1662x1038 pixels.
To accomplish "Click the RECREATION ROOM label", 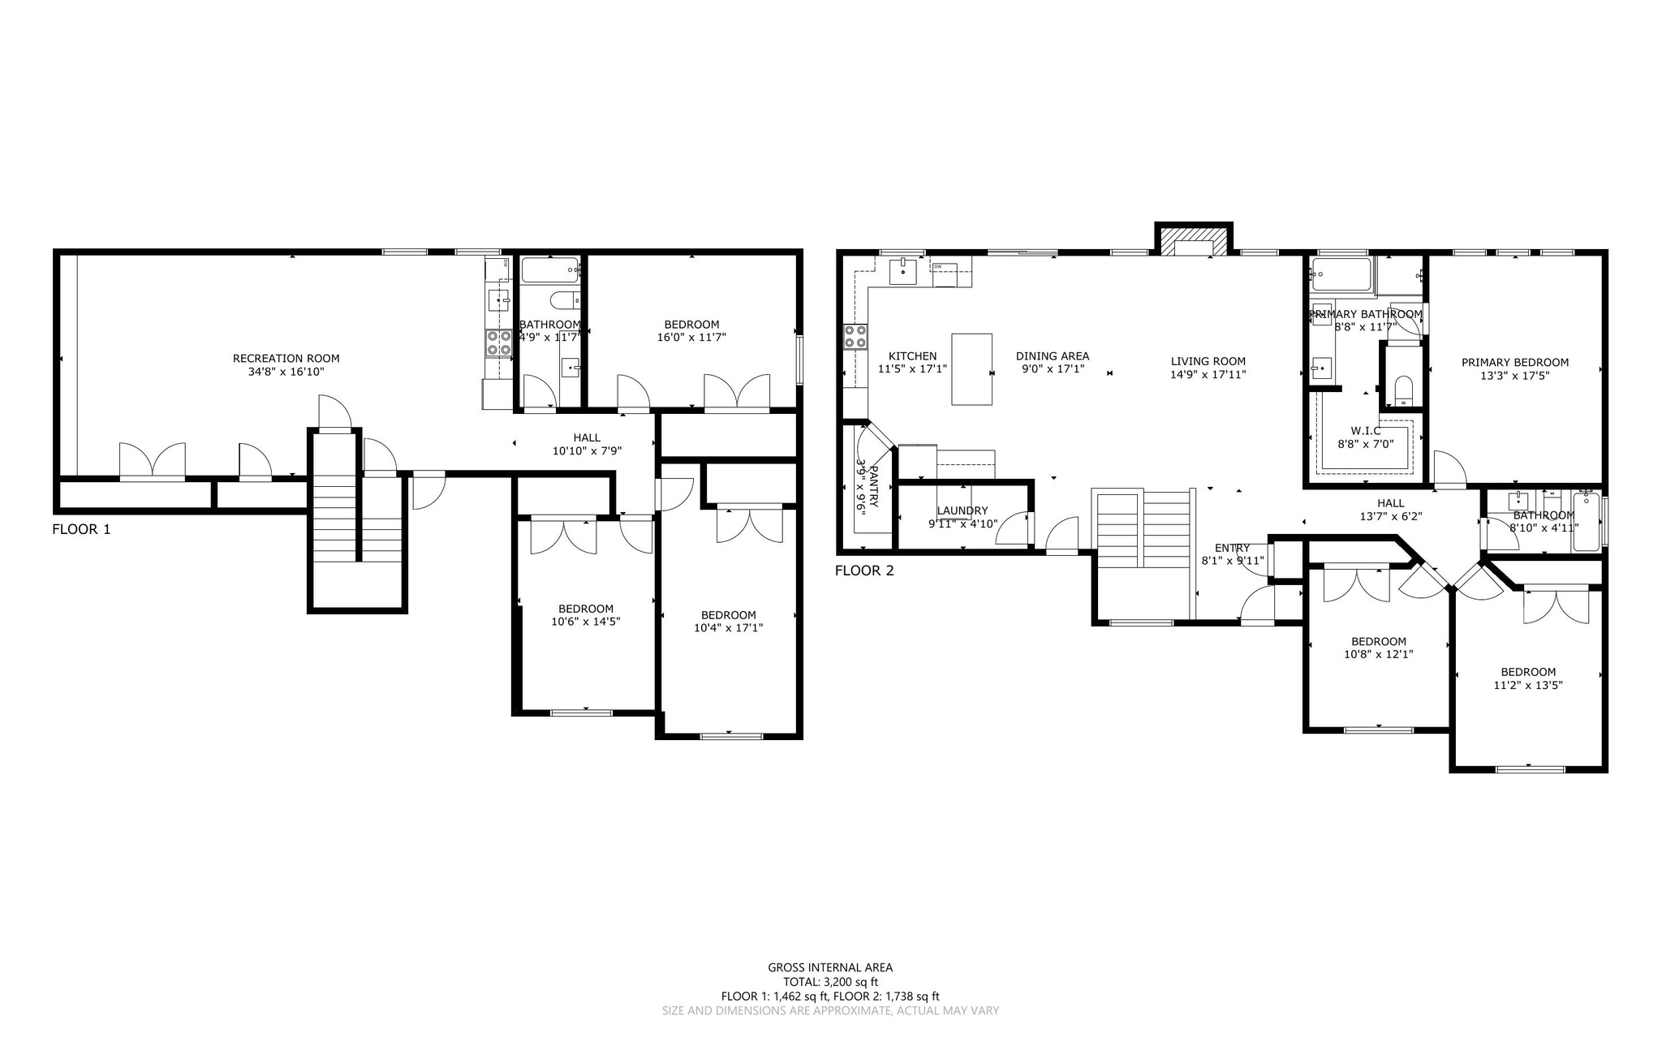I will [286, 358].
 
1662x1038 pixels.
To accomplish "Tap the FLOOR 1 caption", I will [81, 530].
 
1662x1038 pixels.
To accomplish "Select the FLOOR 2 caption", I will [864, 571].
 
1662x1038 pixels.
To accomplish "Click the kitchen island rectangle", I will [971, 369].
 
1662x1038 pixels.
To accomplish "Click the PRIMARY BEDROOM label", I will [1514, 363].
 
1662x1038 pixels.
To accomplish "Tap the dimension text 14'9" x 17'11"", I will [1208, 375].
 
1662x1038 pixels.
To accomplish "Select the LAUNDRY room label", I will [962, 510].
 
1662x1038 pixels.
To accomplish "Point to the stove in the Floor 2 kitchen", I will [855, 337].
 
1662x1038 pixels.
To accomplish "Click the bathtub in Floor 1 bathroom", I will [549, 270].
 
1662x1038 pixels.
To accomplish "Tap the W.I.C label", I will [1366, 430].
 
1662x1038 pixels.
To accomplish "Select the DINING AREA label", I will [1052, 356].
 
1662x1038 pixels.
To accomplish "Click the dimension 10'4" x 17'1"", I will [728, 628].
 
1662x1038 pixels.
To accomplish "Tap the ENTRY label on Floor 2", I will [1232, 548].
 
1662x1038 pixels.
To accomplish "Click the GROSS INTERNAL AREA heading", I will [830, 967].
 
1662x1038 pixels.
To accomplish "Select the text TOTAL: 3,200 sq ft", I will [830, 982].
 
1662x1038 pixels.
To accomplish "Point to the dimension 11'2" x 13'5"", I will [1527, 685].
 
